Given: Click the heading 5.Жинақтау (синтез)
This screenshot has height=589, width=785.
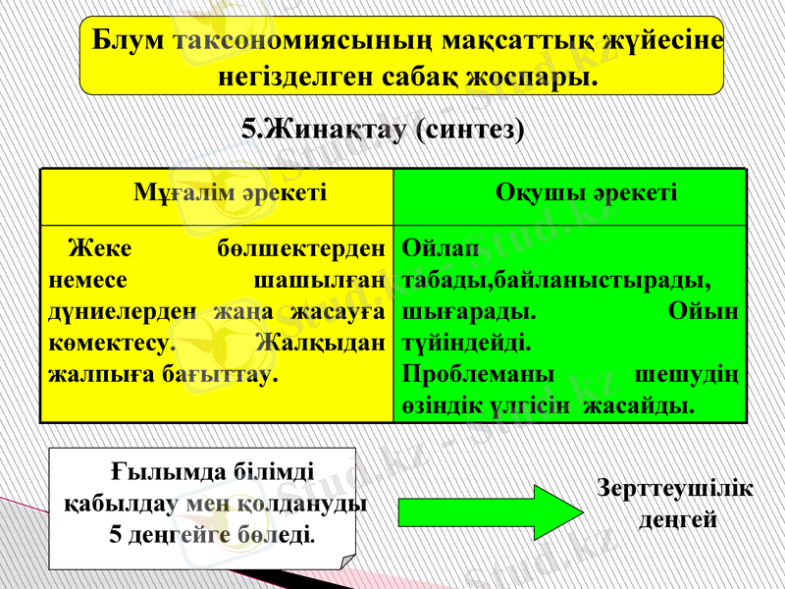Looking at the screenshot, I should [x=383, y=129].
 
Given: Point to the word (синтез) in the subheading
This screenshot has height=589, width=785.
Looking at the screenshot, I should [x=470, y=129].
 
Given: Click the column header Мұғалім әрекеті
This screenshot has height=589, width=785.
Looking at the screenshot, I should [x=230, y=192].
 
